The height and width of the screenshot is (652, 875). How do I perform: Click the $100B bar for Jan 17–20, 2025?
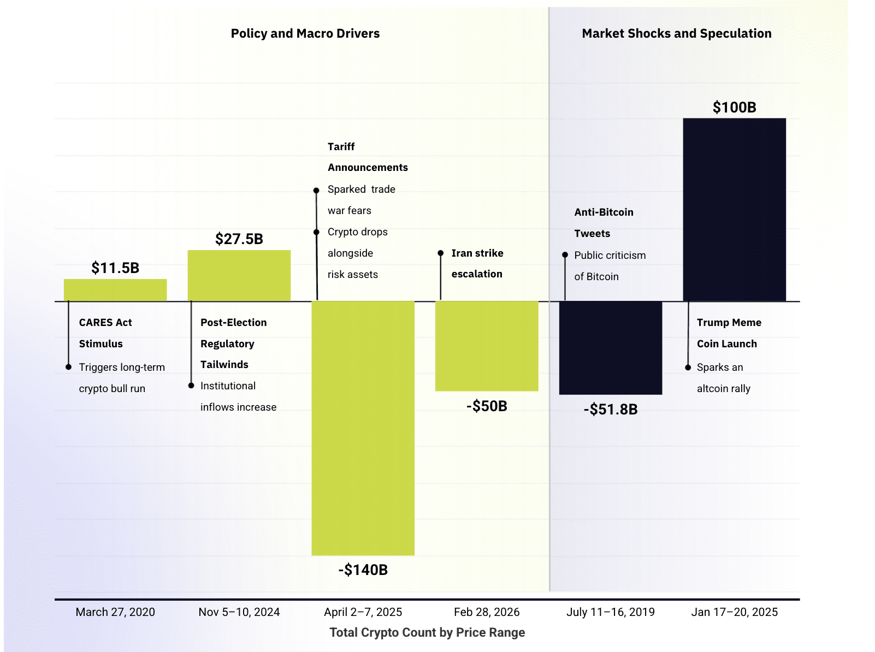pyautogui.click(x=734, y=210)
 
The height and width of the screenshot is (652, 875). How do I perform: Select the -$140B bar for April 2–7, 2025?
pyautogui.click(x=363, y=428)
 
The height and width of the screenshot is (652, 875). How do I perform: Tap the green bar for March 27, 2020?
pyautogui.click(x=115, y=290)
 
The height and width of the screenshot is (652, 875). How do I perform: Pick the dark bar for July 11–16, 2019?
pyautogui.click(x=610, y=348)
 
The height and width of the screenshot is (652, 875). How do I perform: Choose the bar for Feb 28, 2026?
pyautogui.click(x=487, y=346)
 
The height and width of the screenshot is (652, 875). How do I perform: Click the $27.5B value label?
pyautogui.click(x=239, y=239)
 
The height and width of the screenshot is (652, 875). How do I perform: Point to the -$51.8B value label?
pyautogui.click(x=611, y=410)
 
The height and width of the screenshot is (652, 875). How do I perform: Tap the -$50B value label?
pyautogui.click(x=487, y=406)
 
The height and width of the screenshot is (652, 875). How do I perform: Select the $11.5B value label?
pyautogui.click(x=115, y=268)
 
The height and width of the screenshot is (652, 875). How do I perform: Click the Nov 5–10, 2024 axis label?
pyautogui.click(x=239, y=612)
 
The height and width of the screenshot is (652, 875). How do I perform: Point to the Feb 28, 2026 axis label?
pyautogui.click(x=487, y=612)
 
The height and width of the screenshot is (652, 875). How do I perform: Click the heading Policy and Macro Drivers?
pyautogui.click(x=305, y=33)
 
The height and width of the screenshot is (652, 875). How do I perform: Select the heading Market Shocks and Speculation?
pyautogui.click(x=677, y=33)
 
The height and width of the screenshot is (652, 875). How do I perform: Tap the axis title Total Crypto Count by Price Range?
pyautogui.click(x=427, y=632)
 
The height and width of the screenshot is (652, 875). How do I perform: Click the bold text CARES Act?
pyautogui.click(x=105, y=323)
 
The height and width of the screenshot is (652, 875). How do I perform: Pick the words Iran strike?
pyautogui.click(x=477, y=253)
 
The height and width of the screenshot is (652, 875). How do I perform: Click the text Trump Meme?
pyautogui.click(x=729, y=323)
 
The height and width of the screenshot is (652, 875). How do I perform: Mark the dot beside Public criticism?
pyautogui.click(x=565, y=255)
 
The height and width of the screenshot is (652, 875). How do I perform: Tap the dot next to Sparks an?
pyautogui.click(x=688, y=368)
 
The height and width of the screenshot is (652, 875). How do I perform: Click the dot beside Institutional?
pyautogui.click(x=191, y=386)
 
